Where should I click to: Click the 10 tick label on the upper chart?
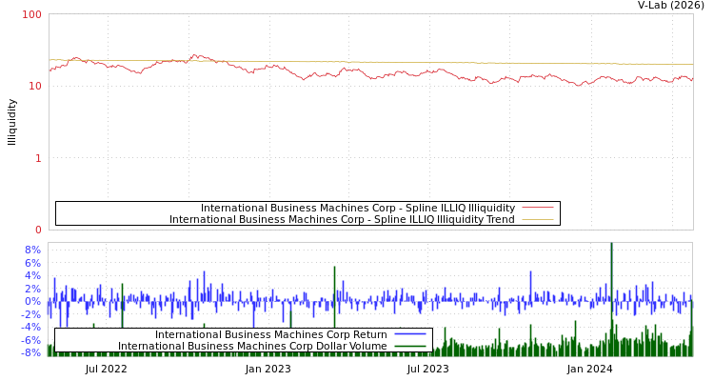click(36, 86)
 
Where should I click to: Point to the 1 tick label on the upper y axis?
click(39, 158)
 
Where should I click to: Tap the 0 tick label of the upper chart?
click(39, 230)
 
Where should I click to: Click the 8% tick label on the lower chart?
click(32, 250)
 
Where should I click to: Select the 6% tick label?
click(32, 263)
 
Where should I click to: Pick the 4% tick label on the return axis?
click(32, 275)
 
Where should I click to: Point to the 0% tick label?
click(32, 301)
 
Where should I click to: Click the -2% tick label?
click(30, 313)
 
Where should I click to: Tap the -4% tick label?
click(30, 327)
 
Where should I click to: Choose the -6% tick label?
click(30, 339)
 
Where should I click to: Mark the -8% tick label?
click(30, 352)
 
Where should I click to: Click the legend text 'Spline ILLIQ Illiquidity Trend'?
click(342, 219)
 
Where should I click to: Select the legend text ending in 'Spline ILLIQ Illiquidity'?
click(357, 208)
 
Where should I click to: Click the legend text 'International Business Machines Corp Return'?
click(270, 334)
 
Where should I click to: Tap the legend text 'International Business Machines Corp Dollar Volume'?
click(252, 346)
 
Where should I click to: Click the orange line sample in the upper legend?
click(538, 219)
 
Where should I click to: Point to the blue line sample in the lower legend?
click(409, 334)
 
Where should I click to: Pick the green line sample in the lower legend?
click(409, 346)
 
